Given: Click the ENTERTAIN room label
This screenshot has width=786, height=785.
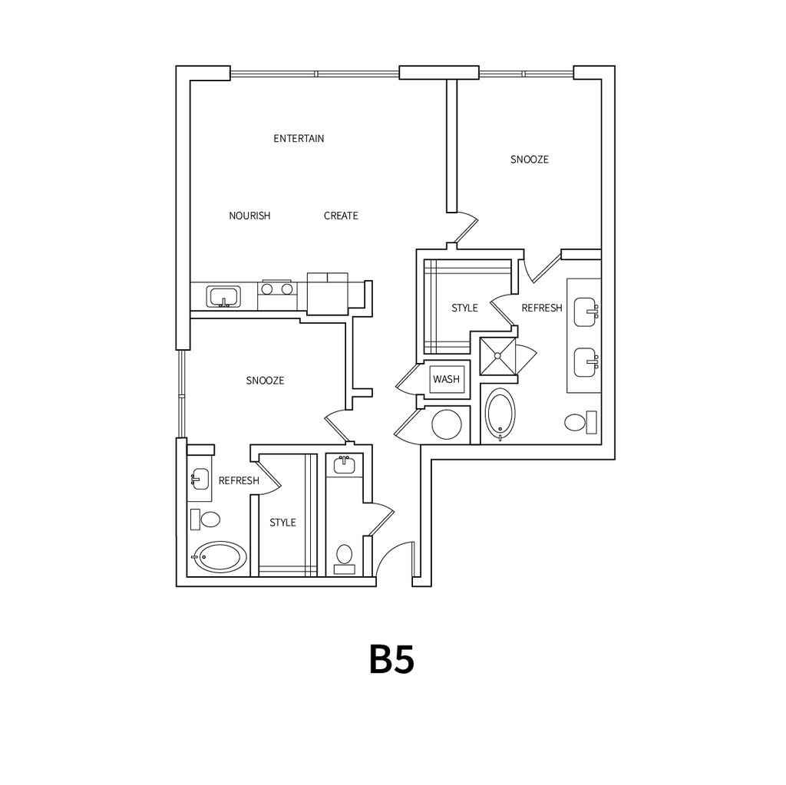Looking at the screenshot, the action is (x=299, y=138).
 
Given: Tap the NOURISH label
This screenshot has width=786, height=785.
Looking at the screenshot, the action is (x=249, y=216).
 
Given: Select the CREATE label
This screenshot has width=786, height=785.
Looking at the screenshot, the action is (x=341, y=216).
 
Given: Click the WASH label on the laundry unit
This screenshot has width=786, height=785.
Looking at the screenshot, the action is (x=446, y=379).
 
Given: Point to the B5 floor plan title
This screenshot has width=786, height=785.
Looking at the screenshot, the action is (x=392, y=660).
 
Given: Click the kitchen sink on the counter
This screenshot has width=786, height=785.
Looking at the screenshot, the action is (x=223, y=296).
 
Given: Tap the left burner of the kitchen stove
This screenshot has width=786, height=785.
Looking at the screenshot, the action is (x=267, y=289).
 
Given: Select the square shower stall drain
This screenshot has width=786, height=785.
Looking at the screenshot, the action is (x=497, y=356).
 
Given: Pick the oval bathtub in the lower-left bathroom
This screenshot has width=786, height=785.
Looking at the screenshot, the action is (x=220, y=556).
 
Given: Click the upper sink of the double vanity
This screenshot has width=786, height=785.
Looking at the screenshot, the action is (x=586, y=312).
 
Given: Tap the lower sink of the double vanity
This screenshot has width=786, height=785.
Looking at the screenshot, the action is (x=586, y=362).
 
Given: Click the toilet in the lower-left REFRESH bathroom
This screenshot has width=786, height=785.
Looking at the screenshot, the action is (x=206, y=519).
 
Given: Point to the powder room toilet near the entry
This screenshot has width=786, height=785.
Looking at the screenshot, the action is (x=345, y=559).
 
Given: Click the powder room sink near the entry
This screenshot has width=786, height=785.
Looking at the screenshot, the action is (x=344, y=464).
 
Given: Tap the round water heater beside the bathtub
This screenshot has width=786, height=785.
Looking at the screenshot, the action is (x=447, y=424).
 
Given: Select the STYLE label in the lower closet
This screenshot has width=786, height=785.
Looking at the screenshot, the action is (x=282, y=523).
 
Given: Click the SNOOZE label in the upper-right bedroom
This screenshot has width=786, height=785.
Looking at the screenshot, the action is (x=530, y=160).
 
